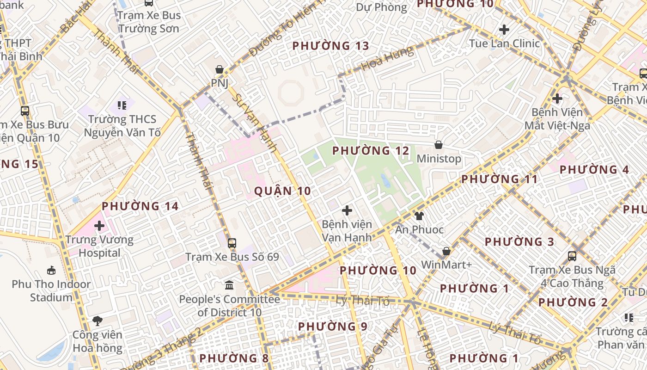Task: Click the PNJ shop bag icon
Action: (220, 70)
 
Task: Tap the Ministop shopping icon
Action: (439, 145)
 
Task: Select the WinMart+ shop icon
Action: (446, 251)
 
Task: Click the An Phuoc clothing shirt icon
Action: (419, 216)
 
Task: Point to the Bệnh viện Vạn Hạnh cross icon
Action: (347, 211)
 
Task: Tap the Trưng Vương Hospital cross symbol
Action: (99, 226)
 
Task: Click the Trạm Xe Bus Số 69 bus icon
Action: (232, 243)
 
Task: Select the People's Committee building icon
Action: (229, 285)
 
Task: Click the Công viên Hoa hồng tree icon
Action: (97, 321)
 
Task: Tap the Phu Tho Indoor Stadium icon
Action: (51, 270)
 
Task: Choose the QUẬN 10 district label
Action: (282, 191)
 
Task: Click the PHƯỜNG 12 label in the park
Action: (371, 151)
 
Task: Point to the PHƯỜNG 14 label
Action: (140, 206)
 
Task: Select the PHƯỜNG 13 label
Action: (331, 46)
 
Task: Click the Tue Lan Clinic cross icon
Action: (504, 30)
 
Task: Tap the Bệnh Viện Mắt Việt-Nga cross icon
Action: (557, 98)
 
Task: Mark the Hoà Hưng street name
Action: (388, 59)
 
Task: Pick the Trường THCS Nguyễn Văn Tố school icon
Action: (122, 105)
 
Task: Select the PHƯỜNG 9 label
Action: (333, 327)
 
